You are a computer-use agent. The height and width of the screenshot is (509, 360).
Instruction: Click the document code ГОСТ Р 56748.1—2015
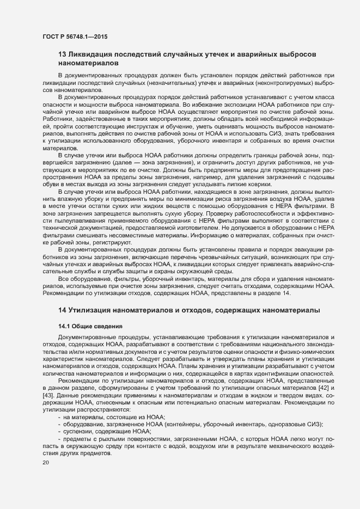click(74, 36)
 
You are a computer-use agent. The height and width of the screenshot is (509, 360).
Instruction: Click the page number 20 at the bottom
click(46, 463)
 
